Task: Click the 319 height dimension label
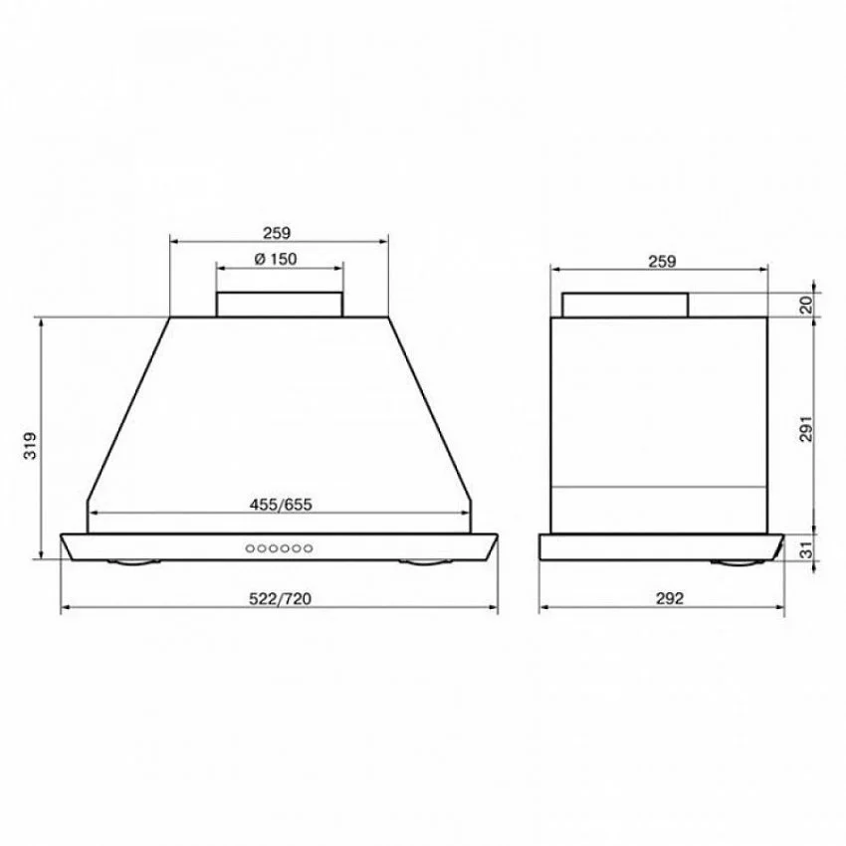pos(31,445)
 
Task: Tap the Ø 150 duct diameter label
pos(276,260)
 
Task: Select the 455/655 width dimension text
pos(281,505)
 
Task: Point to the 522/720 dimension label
pos(280,599)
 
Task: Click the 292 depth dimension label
pos(670,598)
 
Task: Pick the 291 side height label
pos(805,429)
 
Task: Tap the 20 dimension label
pos(805,305)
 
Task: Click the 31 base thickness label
pos(805,549)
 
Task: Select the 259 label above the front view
pos(277,233)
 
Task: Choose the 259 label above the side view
pos(662,262)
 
